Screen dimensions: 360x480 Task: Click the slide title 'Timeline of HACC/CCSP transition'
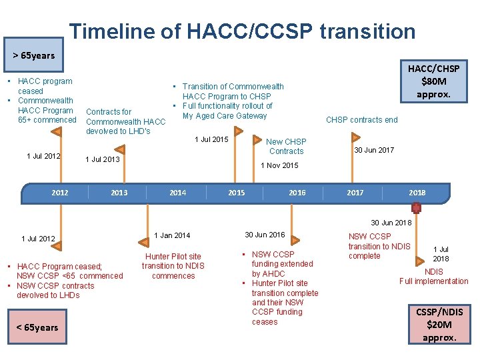[242, 31]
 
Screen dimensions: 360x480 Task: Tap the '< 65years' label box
[37, 327]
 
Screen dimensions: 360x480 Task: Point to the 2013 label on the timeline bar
[119, 193]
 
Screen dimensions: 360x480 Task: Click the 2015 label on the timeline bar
[237, 193]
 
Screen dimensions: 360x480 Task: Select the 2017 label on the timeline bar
[355, 193]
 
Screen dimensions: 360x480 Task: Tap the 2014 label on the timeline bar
[178, 193]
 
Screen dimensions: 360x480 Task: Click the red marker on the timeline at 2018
[416, 208]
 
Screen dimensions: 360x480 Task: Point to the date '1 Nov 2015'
[279, 165]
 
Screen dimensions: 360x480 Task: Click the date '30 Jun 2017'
[374, 151]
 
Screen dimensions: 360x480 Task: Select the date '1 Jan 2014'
[172, 235]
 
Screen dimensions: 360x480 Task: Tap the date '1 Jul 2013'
[103, 160]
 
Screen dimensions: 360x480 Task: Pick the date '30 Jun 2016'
[265, 235]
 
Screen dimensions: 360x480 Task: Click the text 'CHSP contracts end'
[361, 120]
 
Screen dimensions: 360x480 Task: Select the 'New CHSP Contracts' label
[286, 147]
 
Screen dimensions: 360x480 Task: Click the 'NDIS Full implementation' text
[434, 277]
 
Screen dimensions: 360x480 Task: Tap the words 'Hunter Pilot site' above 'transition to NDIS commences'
[173, 257]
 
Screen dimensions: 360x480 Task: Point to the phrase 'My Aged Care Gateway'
[225, 116]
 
